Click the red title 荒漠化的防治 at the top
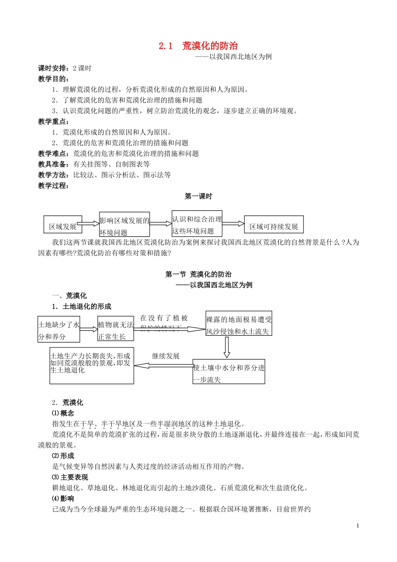[210, 46]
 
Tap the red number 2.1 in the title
[165, 46]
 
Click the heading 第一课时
[198, 196]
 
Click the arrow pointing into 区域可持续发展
[233, 224]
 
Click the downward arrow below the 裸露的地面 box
[227, 347]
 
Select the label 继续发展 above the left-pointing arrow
[165, 356]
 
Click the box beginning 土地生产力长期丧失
[92, 365]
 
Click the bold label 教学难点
[54, 153]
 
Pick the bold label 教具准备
[54, 164]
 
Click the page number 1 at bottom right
[358, 526]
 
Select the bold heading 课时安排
[54, 68]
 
